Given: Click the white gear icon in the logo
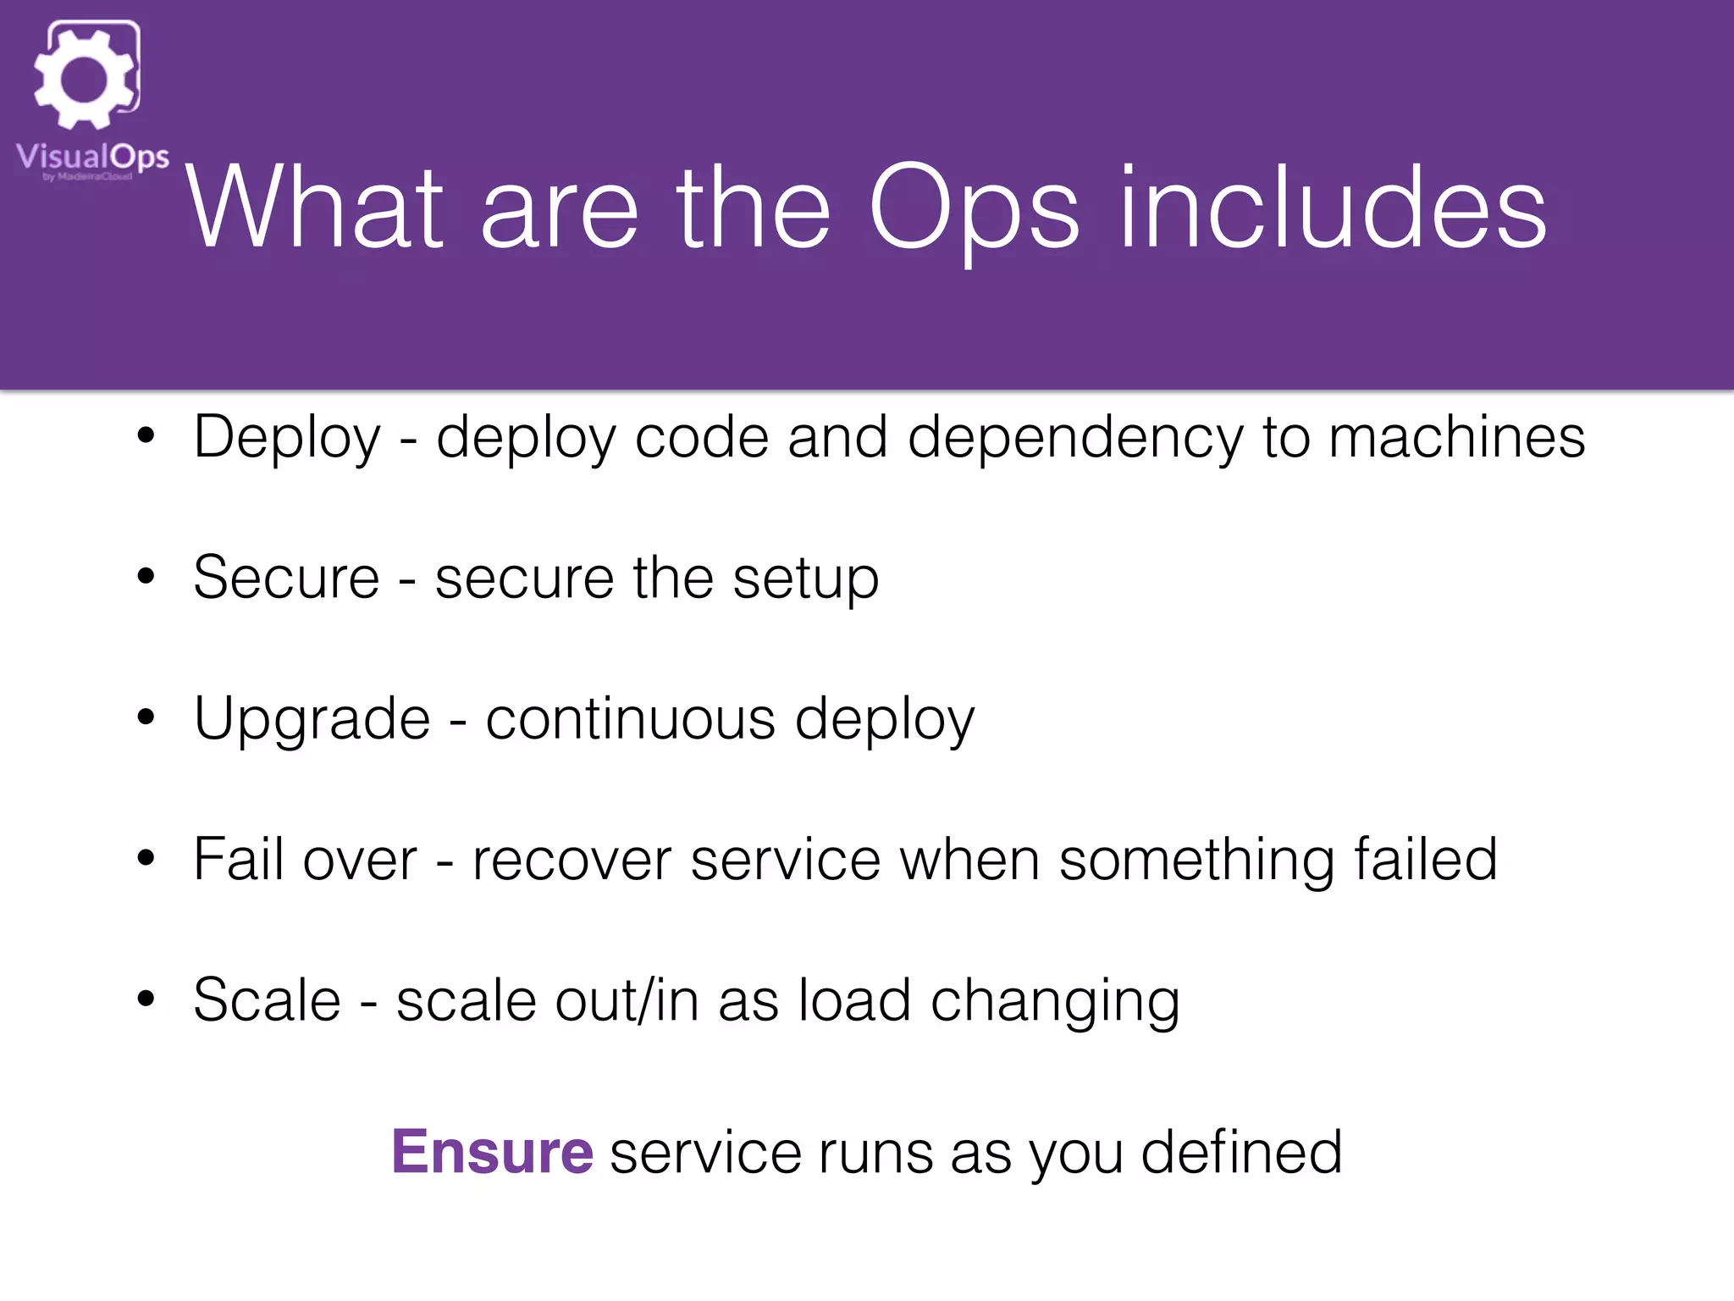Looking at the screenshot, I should coord(85,79).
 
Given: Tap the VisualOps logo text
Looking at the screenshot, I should coord(92,158).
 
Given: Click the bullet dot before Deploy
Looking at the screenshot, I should coord(146,437).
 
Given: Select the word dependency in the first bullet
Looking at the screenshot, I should coord(1075,439).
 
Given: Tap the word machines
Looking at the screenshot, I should coord(1456,437).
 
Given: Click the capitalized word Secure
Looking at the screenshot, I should coord(286,578).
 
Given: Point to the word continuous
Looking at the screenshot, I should coord(630,719).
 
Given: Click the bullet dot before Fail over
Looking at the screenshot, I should coord(146,859).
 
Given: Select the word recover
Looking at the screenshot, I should coord(572,861).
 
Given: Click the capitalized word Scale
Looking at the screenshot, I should coord(267,1000).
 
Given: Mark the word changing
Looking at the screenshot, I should coord(1055,1003).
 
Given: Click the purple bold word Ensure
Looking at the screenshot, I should coord(492,1152).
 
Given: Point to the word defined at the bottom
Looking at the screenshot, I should coord(1241,1152).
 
